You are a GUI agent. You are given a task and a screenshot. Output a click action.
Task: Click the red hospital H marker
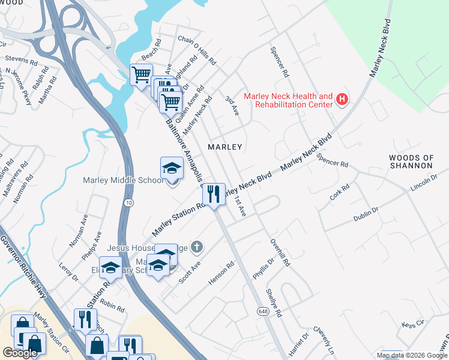coord(342,100)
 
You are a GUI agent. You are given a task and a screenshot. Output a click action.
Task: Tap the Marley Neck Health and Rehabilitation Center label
coord(288,100)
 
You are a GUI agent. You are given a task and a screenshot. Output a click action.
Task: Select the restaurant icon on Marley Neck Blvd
coord(214,193)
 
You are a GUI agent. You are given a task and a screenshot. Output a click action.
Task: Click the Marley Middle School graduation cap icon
coord(172,168)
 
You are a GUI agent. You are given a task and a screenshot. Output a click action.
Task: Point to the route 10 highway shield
coord(129,203)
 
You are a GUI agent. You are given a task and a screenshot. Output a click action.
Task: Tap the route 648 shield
coord(264,311)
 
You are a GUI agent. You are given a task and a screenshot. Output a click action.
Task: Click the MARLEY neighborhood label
coord(224,146)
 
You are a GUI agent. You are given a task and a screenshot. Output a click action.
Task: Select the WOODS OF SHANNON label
coord(411,162)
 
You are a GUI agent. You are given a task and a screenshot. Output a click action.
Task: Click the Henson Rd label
coord(221,272)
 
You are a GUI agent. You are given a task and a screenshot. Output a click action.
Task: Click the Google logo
coord(20,353)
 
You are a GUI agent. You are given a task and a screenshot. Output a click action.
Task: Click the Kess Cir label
coord(413,324)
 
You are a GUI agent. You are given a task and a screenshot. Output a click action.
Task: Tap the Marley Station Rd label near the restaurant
coord(179,219)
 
